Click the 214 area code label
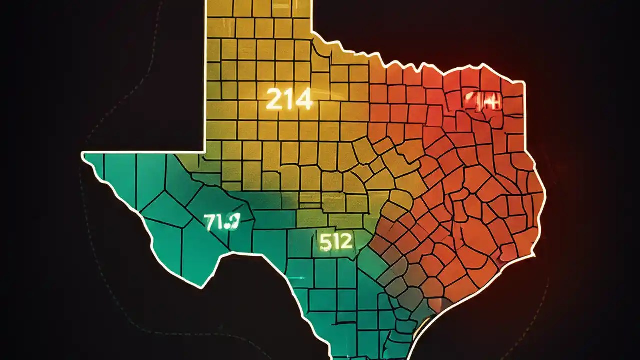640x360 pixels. coord(289,100)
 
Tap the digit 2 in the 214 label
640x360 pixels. coord(274,100)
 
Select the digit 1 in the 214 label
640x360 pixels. coord(288,100)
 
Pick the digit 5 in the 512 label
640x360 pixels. coord(324,242)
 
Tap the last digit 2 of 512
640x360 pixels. coord(346,242)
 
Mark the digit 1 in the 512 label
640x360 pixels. coord(335,242)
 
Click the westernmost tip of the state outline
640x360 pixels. coord(83,155)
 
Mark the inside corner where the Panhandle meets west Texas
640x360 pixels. coord(205,151)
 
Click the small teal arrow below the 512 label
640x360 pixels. coord(298,278)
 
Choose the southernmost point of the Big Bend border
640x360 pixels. coord(201,287)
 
